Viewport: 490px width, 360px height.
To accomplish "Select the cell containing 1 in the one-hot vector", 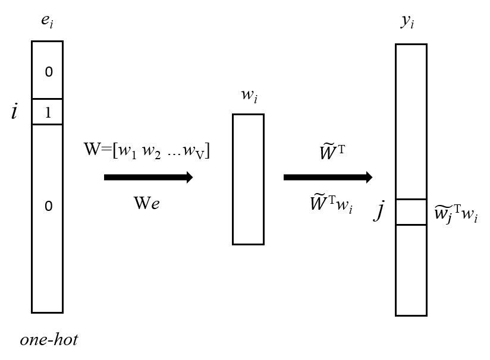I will [x=47, y=112].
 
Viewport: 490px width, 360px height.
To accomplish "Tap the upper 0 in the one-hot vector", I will [x=49, y=72].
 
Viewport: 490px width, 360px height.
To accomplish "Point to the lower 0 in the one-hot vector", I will [x=49, y=206].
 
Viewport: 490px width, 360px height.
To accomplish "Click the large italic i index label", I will [x=14, y=112].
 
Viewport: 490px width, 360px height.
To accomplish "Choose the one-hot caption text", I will [x=49, y=340].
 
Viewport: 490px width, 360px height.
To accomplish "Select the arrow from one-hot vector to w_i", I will [x=148, y=177].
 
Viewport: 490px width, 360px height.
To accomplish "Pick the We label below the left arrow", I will [x=146, y=204].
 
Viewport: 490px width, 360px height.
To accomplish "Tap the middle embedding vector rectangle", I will [x=248, y=179].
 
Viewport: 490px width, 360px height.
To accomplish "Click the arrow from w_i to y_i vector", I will [x=328, y=177].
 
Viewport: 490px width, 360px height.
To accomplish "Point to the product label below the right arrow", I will [x=331, y=204].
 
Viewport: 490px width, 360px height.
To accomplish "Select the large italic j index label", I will [x=378, y=211].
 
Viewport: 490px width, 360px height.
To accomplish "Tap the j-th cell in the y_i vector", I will [x=411, y=212].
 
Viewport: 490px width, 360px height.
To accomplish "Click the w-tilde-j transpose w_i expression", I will [x=456, y=214].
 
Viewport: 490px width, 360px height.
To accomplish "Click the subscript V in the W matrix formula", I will [x=202, y=154].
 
